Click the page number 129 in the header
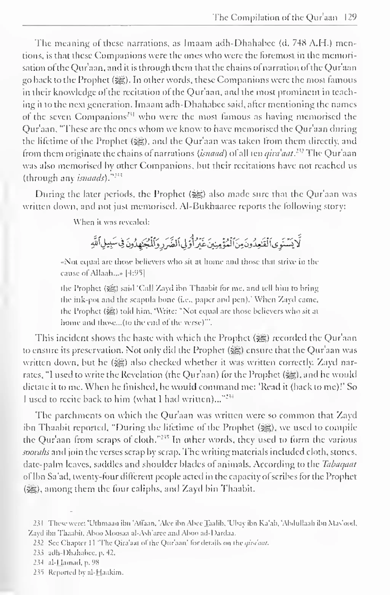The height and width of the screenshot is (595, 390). tap(350, 18)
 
